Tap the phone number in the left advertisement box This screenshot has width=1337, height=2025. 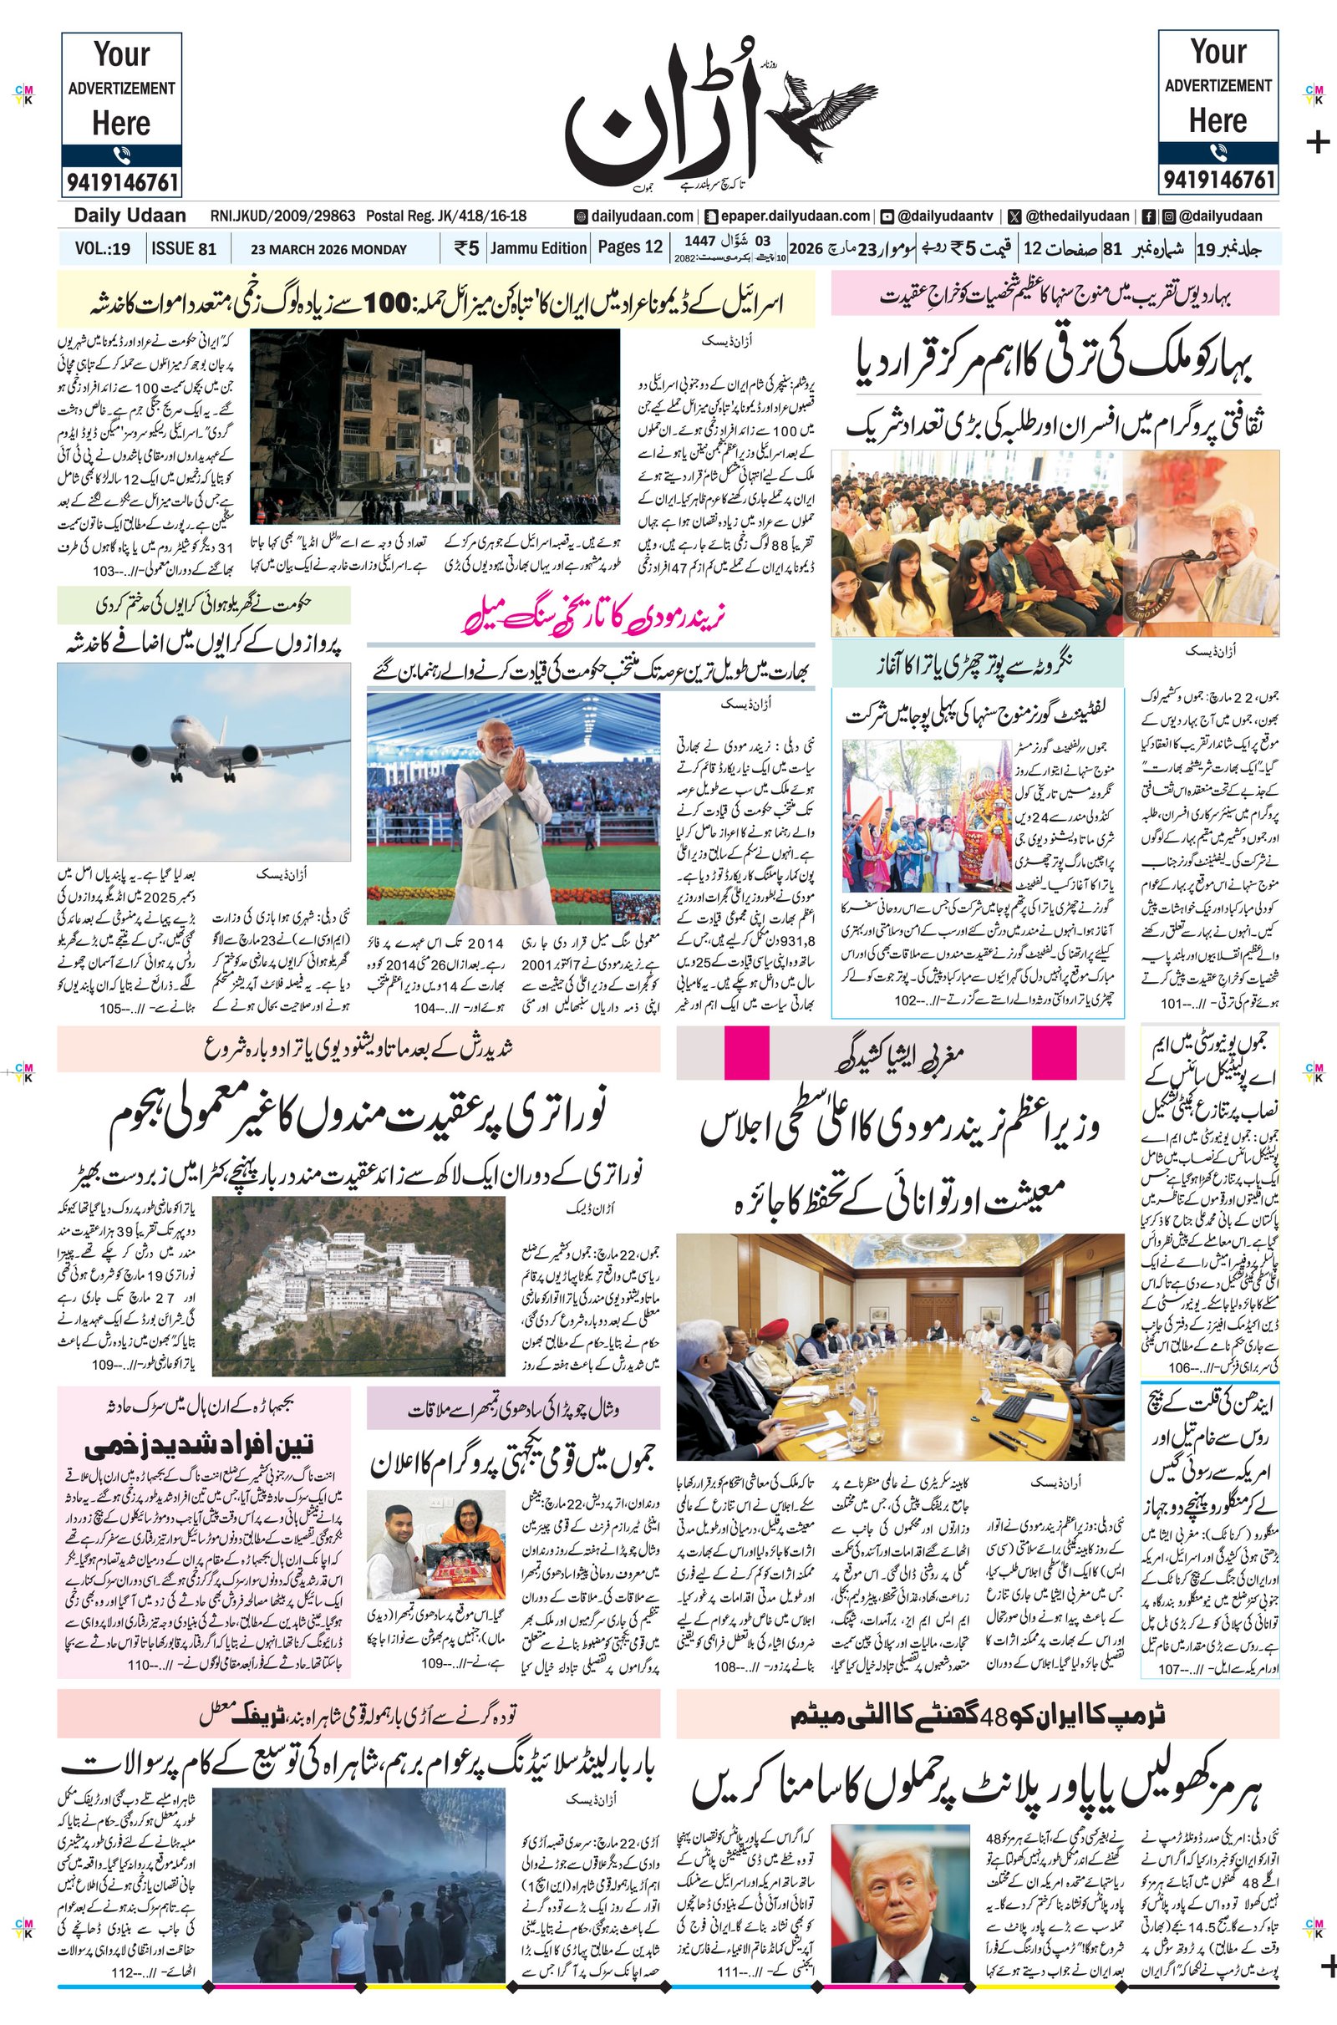[x=121, y=181]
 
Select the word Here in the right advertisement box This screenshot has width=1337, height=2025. [x=1218, y=121]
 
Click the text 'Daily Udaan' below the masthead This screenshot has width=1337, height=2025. [x=130, y=216]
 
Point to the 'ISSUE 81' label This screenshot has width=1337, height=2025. [x=183, y=249]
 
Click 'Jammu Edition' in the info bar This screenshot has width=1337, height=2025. [x=539, y=248]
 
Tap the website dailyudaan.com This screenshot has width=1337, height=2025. [x=634, y=216]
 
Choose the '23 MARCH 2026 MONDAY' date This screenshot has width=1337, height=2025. [x=329, y=250]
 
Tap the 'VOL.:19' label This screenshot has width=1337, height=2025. [x=102, y=249]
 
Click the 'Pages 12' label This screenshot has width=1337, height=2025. [x=629, y=247]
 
